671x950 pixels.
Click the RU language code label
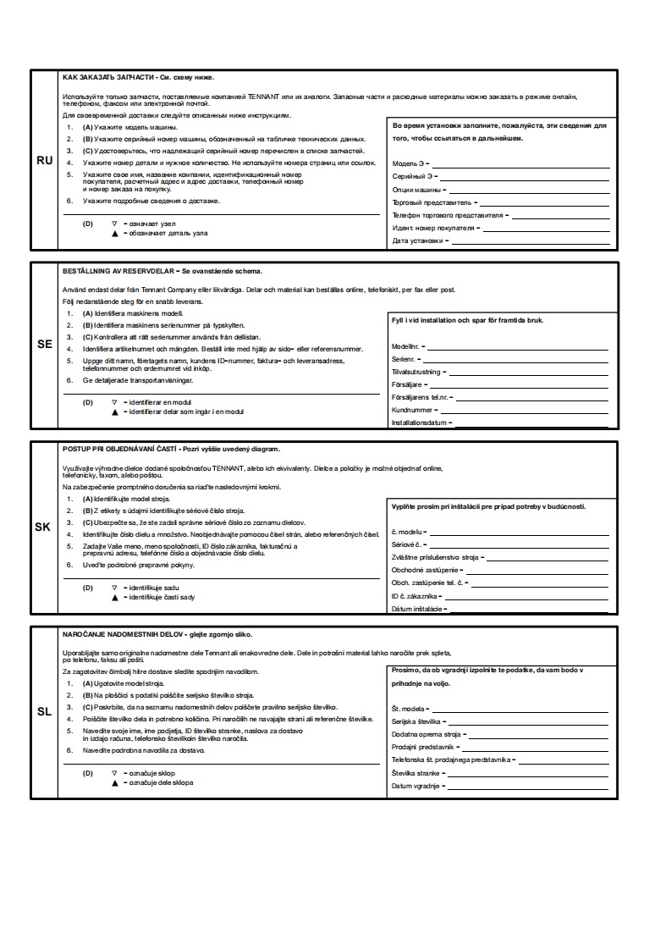44,159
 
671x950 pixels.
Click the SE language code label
44,345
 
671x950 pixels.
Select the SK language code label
43,527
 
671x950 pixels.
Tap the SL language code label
44,711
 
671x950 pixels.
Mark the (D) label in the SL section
87,772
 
